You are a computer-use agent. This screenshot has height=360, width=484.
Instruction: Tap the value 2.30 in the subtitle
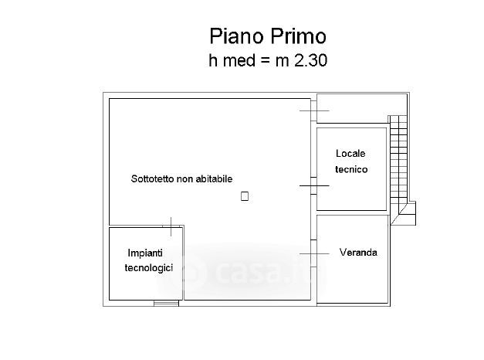pyautogui.click(x=312, y=61)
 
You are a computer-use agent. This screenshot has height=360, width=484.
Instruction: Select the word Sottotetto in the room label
pyautogui.click(x=153, y=178)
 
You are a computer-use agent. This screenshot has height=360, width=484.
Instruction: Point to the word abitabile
pyautogui.click(x=212, y=178)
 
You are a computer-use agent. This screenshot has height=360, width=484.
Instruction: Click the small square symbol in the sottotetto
pyautogui.click(x=244, y=196)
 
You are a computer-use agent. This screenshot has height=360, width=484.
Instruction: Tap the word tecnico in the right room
pyautogui.click(x=351, y=169)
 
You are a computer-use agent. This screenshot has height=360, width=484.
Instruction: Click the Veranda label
pyautogui.click(x=358, y=253)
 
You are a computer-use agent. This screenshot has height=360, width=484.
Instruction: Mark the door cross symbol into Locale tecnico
pyautogui.click(x=314, y=185)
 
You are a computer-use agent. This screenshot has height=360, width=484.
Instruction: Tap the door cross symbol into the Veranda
pyautogui.click(x=314, y=253)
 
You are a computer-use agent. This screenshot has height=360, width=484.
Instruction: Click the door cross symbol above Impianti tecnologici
pyautogui.click(x=171, y=226)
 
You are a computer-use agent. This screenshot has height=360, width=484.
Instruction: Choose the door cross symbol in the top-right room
pyautogui.click(x=314, y=112)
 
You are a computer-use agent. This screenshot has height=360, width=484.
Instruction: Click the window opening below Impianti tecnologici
pyautogui.click(x=166, y=303)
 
